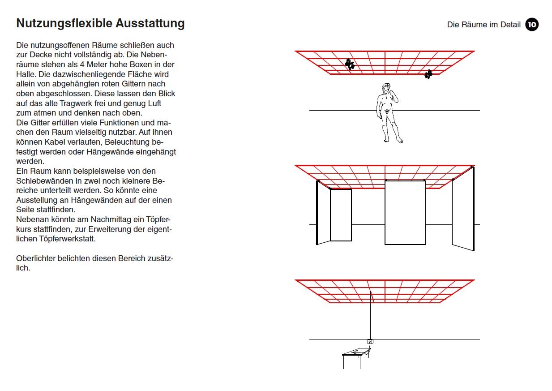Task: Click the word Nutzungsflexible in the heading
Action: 60,23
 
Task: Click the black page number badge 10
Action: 531,25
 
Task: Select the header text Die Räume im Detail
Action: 484,25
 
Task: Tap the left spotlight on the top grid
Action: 350,64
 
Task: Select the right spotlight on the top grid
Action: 428,74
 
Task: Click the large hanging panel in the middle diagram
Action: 405,213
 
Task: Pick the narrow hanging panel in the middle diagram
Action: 341,215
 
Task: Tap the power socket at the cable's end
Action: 370,342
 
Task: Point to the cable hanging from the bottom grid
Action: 371,314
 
